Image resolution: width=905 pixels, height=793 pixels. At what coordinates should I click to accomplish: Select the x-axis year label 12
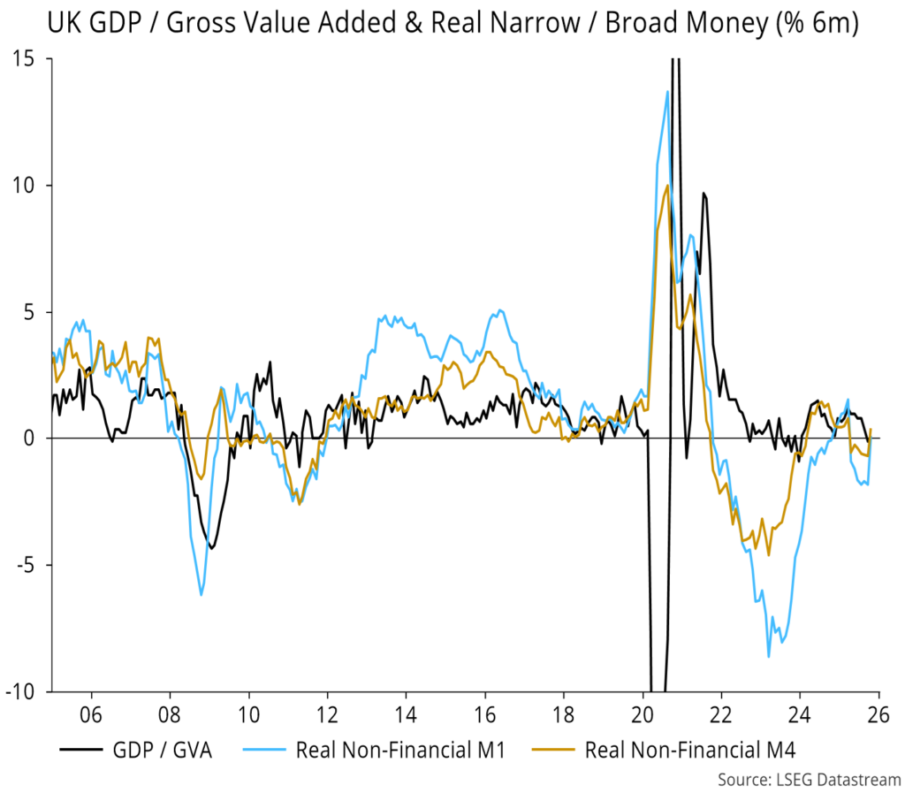[327, 712]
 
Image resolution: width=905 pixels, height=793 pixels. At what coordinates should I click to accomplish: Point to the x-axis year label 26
[878, 712]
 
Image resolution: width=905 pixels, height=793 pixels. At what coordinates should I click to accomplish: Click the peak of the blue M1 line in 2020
[667, 91]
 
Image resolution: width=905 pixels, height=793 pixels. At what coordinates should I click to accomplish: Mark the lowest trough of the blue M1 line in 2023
[769, 656]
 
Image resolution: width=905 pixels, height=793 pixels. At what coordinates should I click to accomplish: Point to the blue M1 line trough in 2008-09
[202, 595]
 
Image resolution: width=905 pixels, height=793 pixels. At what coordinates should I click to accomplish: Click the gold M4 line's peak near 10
[667, 185]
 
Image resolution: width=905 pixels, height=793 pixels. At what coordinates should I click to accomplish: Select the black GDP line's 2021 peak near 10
[703, 193]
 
